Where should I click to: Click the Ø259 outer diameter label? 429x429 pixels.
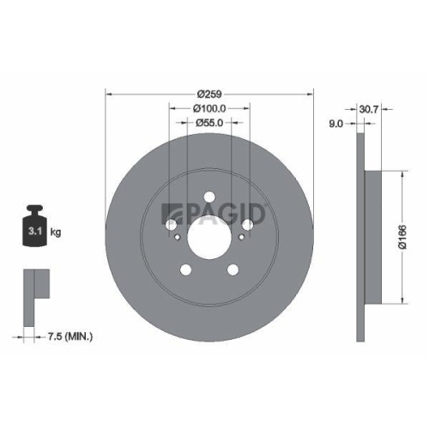coord(209,93)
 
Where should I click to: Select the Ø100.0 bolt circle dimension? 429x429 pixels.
coord(209,108)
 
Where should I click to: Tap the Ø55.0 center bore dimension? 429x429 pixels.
coord(209,124)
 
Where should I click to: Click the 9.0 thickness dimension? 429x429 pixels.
coord(336,124)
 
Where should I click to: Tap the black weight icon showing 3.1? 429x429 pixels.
coord(35,227)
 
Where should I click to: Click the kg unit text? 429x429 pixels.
coord(57,233)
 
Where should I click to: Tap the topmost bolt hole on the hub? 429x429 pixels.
coord(209,197)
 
